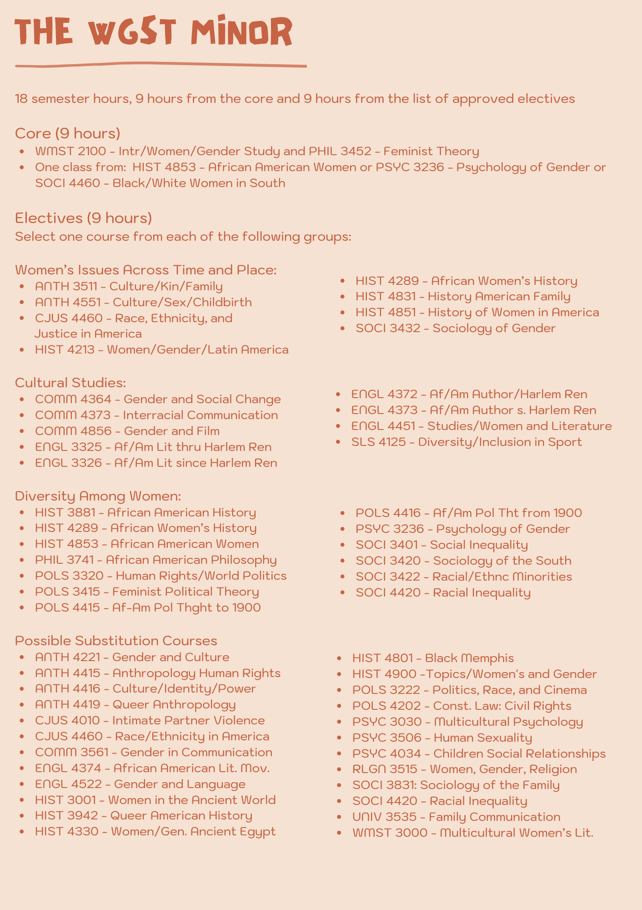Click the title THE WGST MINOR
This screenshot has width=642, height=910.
[x=153, y=33]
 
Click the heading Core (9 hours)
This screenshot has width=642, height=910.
[x=68, y=133]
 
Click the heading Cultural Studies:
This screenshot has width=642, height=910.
[x=70, y=383]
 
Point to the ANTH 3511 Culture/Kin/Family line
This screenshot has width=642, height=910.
[x=129, y=286]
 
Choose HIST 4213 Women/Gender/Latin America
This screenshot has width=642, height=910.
[x=161, y=349]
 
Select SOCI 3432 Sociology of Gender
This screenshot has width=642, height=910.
[x=455, y=328]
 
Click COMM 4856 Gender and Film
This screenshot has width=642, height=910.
[x=127, y=431]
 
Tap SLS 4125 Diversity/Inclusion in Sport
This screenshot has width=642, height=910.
[x=466, y=442]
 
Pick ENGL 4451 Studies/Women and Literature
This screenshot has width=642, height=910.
[x=481, y=426]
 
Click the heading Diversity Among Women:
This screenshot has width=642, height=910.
[x=98, y=495]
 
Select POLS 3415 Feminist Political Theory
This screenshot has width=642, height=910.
[x=147, y=591]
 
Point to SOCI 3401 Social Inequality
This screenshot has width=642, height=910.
[x=441, y=545]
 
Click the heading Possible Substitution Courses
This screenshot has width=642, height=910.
[x=116, y=641]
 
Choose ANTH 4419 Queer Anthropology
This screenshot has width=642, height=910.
[x=135, y=705]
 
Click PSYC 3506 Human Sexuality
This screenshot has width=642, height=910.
[x=442, y=738]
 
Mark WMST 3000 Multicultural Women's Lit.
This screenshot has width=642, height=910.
[x=473, y=833]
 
